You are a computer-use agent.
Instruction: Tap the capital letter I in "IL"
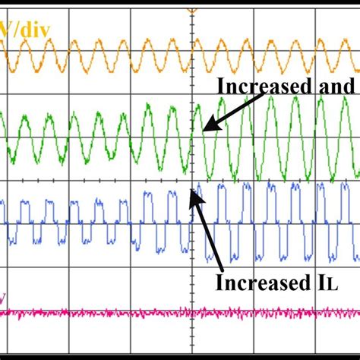[x=317, y=284]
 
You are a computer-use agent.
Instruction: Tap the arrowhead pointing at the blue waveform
[x=194, y=196]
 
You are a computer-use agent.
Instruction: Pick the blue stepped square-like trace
[x=76, y=220]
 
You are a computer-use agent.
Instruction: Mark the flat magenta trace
[x=152, y=312]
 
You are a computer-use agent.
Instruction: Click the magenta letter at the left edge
[x=3, y=298]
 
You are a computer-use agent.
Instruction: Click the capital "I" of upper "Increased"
[x=221, y=86]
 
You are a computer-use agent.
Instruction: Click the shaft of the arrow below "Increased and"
[x=232, y=111]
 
